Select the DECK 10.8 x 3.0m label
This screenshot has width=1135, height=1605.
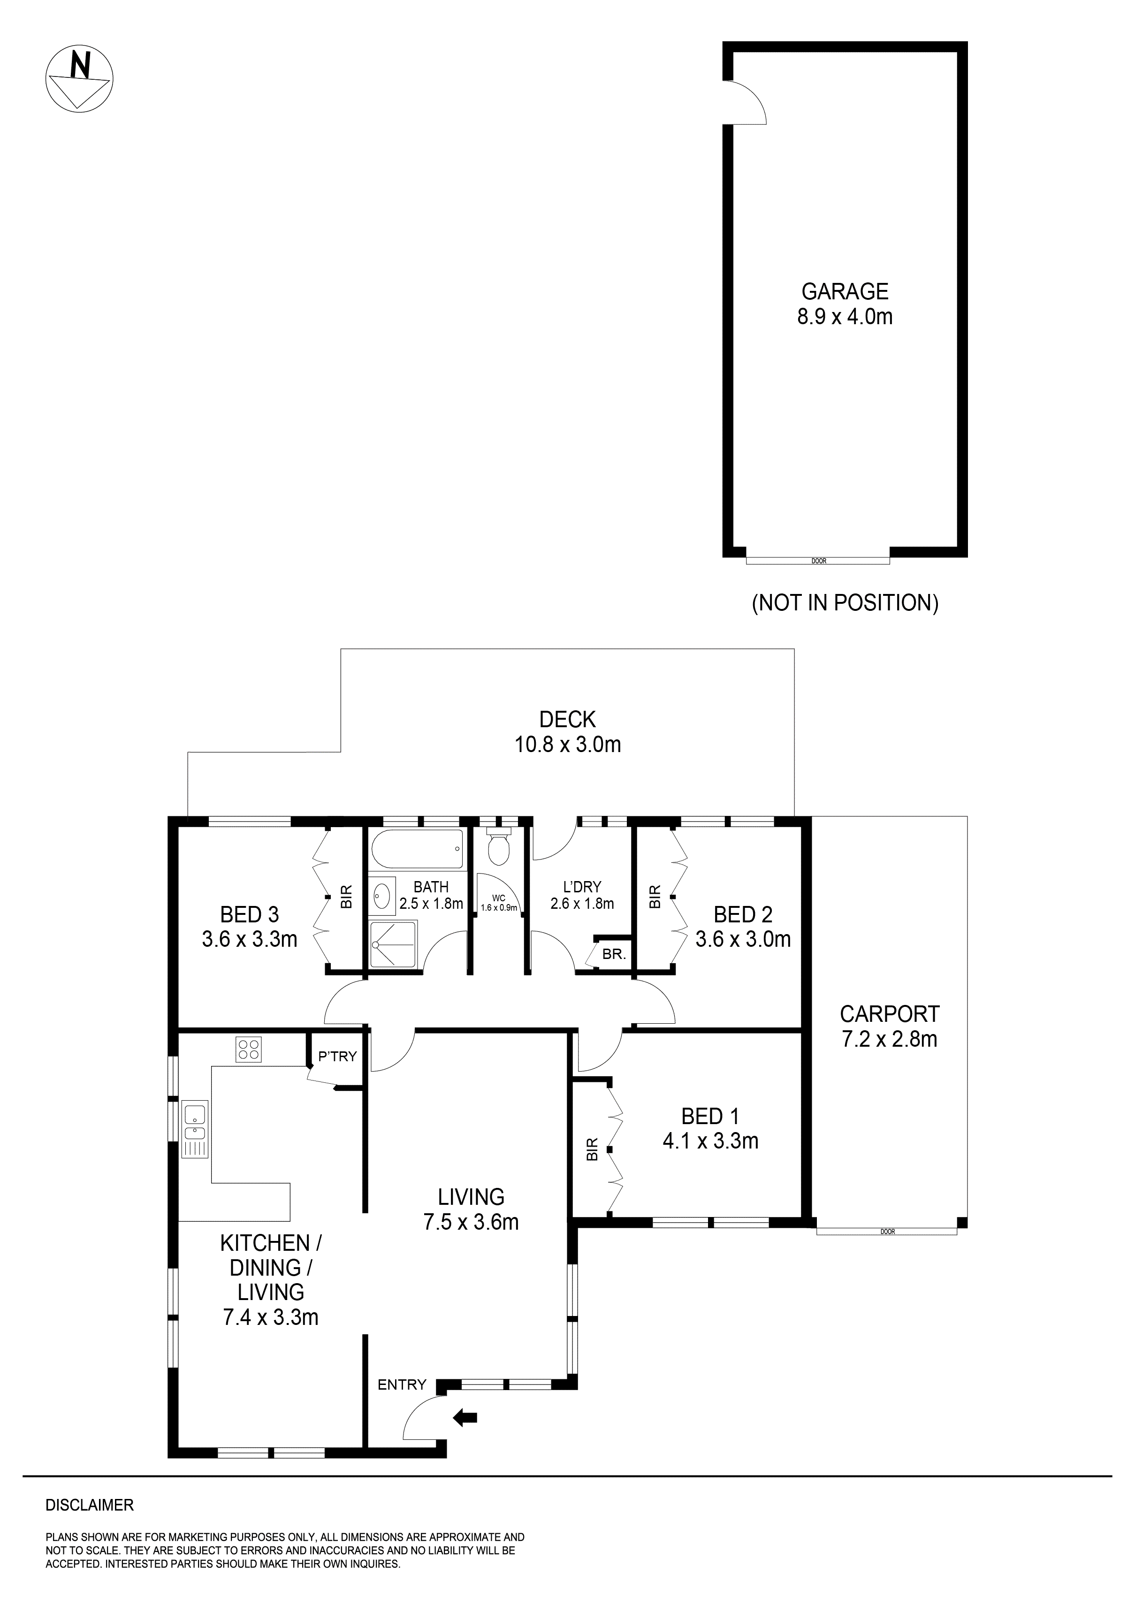(568, 732)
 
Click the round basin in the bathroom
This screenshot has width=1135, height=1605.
(381, 895)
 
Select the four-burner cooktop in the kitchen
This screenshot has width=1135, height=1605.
(249, 1049)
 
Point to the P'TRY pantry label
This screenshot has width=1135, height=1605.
(337, 1056)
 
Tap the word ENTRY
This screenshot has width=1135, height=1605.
(402, 1385)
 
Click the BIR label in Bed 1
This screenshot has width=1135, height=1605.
(593, 1150)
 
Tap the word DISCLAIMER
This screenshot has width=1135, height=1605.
(90, 1505)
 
